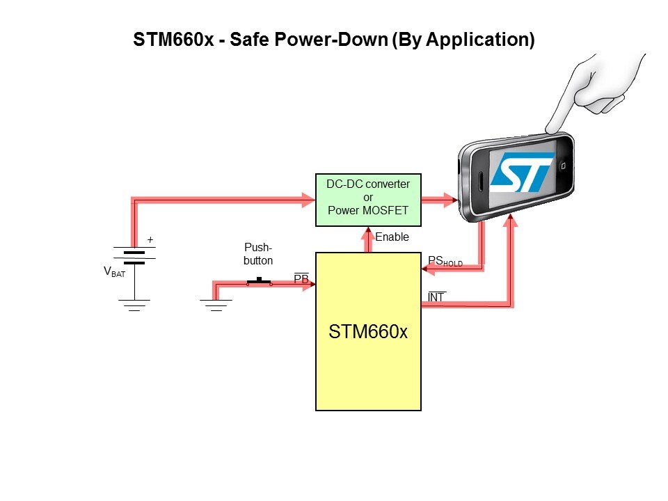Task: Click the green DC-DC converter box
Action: pos(368,200)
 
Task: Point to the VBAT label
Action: pos(114,273)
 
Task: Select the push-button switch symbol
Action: pos(260,282)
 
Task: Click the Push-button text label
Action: pos(258,254)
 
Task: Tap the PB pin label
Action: pos(301,278)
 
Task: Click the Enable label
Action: pos(392,237)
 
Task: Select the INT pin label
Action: pos(436,298)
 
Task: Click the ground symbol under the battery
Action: pos(134,305)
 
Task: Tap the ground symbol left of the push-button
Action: pos(216,305)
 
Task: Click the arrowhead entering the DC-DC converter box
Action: pos(308,200)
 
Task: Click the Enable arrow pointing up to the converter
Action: pos(368,239)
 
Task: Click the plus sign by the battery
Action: pos(150,240)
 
